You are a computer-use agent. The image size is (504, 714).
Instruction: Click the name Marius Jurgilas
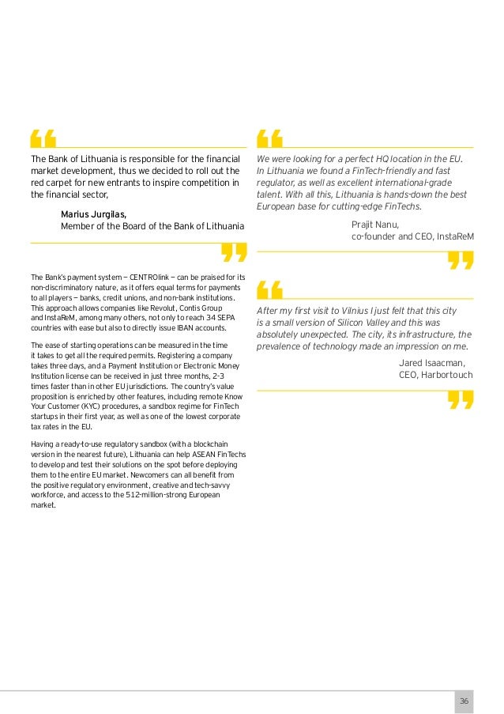click(93, 214)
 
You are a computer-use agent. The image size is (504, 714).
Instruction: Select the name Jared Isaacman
click(433, 362)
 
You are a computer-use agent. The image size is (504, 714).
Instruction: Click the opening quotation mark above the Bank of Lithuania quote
click(43, 138)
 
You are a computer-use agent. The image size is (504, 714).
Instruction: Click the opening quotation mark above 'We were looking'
click(271, 138)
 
